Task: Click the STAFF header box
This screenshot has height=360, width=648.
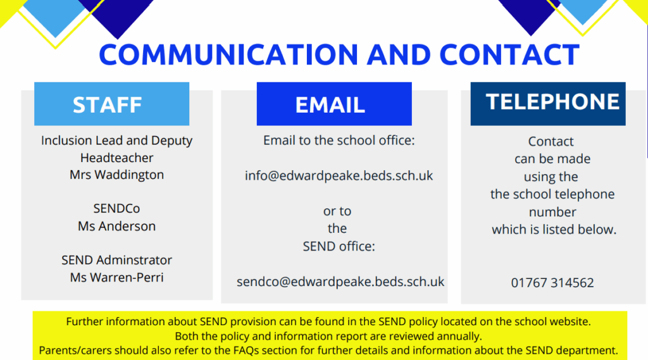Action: pos(111,104)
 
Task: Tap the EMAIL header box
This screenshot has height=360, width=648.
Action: pos(334,104)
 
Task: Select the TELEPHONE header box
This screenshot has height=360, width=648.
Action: pos(548,104)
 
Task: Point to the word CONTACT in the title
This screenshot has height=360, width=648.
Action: pos(509,54)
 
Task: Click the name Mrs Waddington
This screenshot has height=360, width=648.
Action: pos(116,175)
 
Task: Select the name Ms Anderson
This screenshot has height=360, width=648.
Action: pos(116,226)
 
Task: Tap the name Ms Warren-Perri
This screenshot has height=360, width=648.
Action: pos(116,277)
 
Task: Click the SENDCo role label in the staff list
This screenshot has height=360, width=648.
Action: pos(116,208)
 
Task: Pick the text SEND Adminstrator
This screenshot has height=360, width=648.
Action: pos(116,260)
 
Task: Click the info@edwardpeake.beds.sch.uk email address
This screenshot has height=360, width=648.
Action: pos(339,176)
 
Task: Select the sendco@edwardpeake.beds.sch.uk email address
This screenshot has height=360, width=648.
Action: pos(340,282)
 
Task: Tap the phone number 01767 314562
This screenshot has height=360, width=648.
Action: pos(552,283)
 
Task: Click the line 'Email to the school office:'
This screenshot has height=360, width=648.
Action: pos(339,140)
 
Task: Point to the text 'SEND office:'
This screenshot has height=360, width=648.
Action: pos(339,246)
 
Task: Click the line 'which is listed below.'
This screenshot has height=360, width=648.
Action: pos(554,230)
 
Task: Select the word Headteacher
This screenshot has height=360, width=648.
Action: pos(116,158)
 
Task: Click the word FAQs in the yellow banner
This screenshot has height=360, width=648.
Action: pos(246,351)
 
